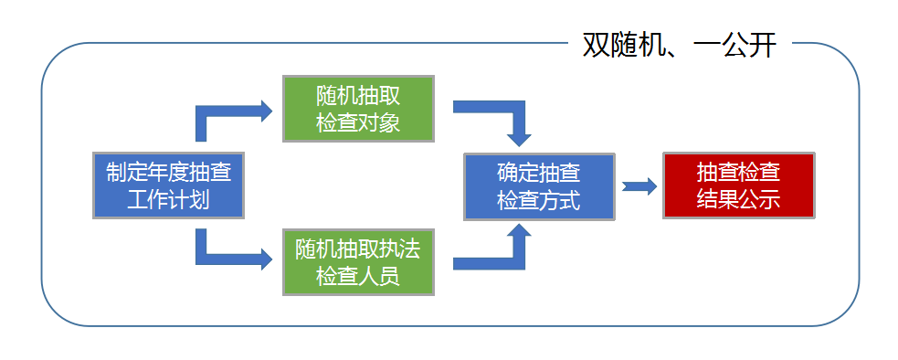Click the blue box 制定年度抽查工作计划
169,185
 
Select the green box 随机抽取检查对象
358,109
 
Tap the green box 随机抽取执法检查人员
358,262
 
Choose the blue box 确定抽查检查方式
538,186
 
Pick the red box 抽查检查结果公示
738,185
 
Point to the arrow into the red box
639,186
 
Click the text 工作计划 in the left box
169,200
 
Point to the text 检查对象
358,122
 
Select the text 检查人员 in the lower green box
358,276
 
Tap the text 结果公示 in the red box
738,199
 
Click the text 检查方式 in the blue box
538,200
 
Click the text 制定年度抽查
169,173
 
